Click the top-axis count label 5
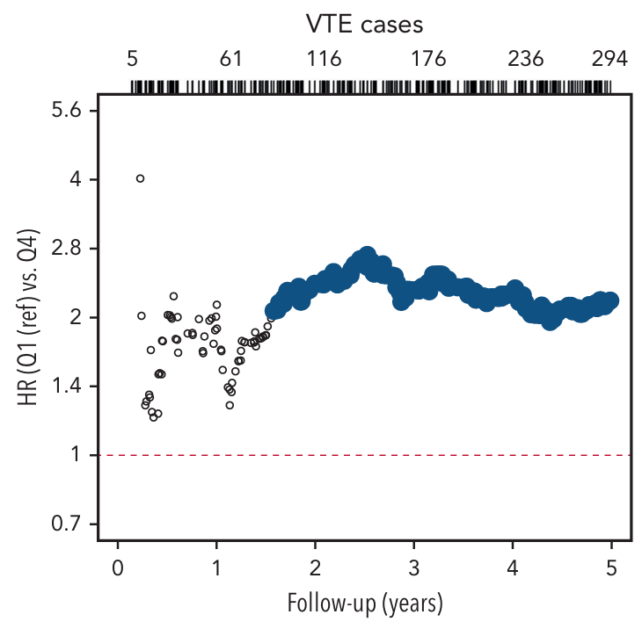[133, 60]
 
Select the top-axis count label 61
[230, 60]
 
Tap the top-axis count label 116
[325, 60]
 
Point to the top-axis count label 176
[429, 60]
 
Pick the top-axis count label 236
[526, 60]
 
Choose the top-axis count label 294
[609, 60]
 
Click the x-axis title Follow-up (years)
[364, 605]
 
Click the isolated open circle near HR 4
[140, 178]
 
